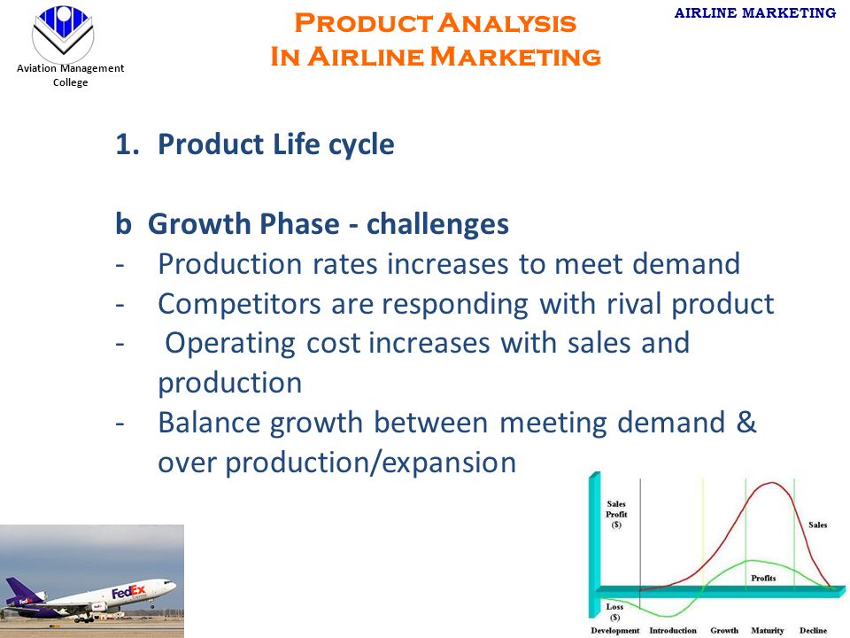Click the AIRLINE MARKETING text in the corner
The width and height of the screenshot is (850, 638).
click(x=755, y=13)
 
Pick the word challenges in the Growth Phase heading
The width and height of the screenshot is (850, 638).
click(x=437, y=224)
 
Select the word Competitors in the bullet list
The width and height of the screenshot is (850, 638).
click(x=239, y=304)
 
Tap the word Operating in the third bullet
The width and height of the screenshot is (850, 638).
click(x=230, y=344)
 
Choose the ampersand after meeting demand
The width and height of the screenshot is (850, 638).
click(x=746, y=422)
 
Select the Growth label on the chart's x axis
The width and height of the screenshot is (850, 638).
click(x=724, y=630)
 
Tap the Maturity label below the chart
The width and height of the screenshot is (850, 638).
click(x=767, y=630)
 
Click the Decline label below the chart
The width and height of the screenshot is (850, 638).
click(x=813, y=630)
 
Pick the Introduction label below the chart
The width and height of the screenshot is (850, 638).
click(x=673, y=630)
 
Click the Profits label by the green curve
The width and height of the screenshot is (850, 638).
click(x=763, y=579)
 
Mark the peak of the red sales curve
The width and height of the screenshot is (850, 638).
click(x=771, y=482)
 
